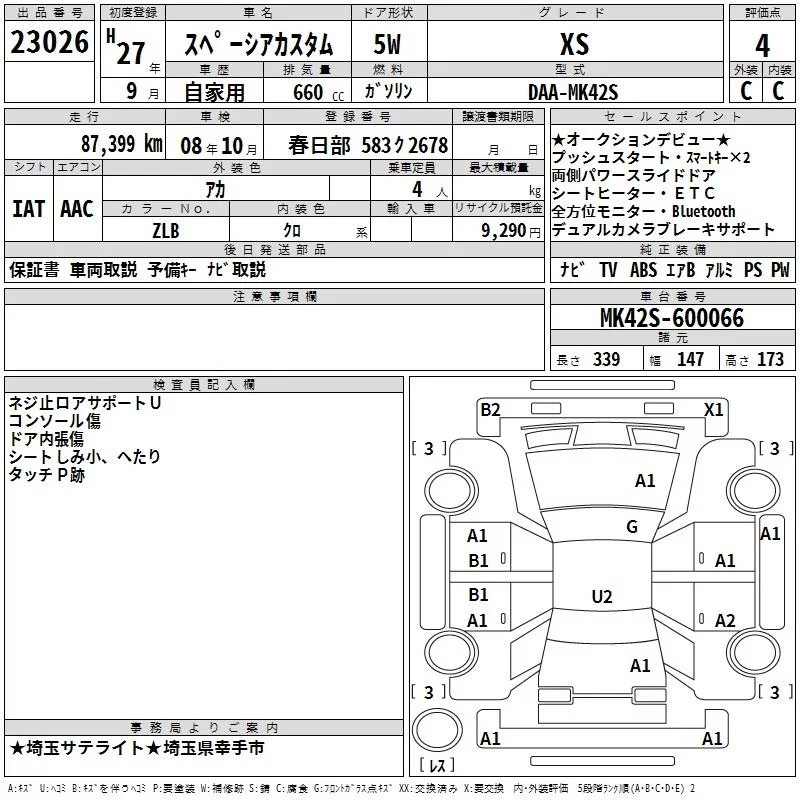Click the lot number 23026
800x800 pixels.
pos(48,44)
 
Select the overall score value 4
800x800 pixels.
pos(763,46)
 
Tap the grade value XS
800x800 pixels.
pos(574,44)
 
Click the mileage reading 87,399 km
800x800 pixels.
pos(122,144)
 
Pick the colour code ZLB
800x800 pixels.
pos(166,230)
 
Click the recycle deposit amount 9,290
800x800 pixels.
pos(504,230)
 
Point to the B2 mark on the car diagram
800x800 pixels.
pos(490,408)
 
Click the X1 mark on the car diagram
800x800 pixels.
pos(713,408)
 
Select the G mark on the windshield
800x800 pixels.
pos(631,527)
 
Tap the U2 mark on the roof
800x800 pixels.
pos(602,597)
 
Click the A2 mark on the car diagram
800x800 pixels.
pos(725,620)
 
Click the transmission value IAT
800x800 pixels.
pos(28,209)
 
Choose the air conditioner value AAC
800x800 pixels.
pos(77,209)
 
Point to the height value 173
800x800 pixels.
pos(770,359)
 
